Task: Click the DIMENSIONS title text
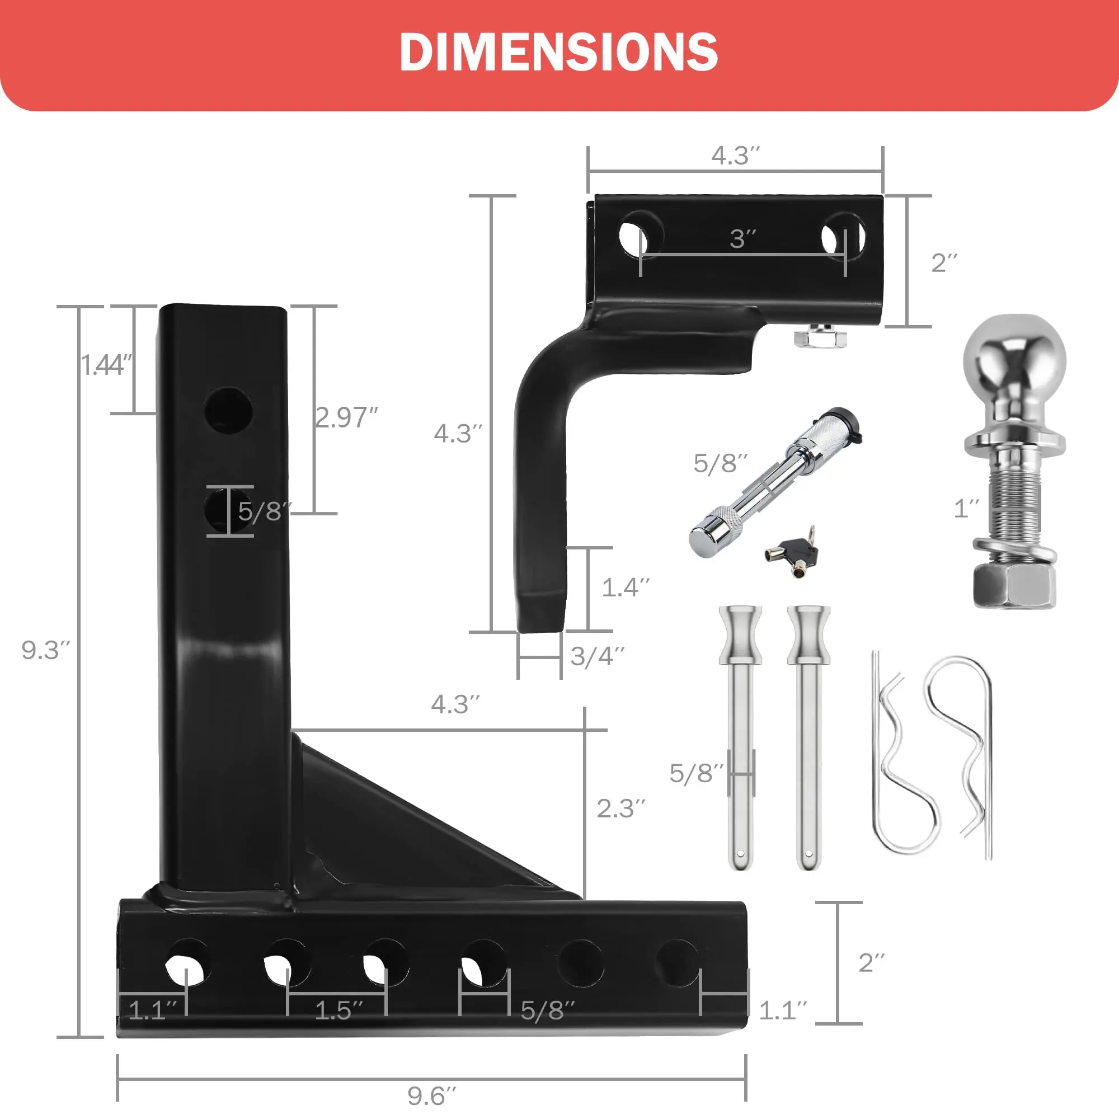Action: coord(559,52)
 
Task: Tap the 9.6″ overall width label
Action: coord(431,1096)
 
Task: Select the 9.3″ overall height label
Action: coord(45,650)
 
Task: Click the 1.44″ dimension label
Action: coord(106,365)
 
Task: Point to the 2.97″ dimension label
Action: coord(346,417)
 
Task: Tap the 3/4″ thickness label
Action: coord(597,656)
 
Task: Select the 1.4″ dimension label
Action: coord(626,587)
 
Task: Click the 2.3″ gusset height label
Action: coord(620,808)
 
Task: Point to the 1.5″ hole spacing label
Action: coord(338,1010)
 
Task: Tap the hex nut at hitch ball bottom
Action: coord(1014,586)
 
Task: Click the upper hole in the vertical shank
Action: coord(228,410)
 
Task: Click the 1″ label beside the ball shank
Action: coord(967,509)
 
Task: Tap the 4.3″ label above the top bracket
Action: coord(735,155)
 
